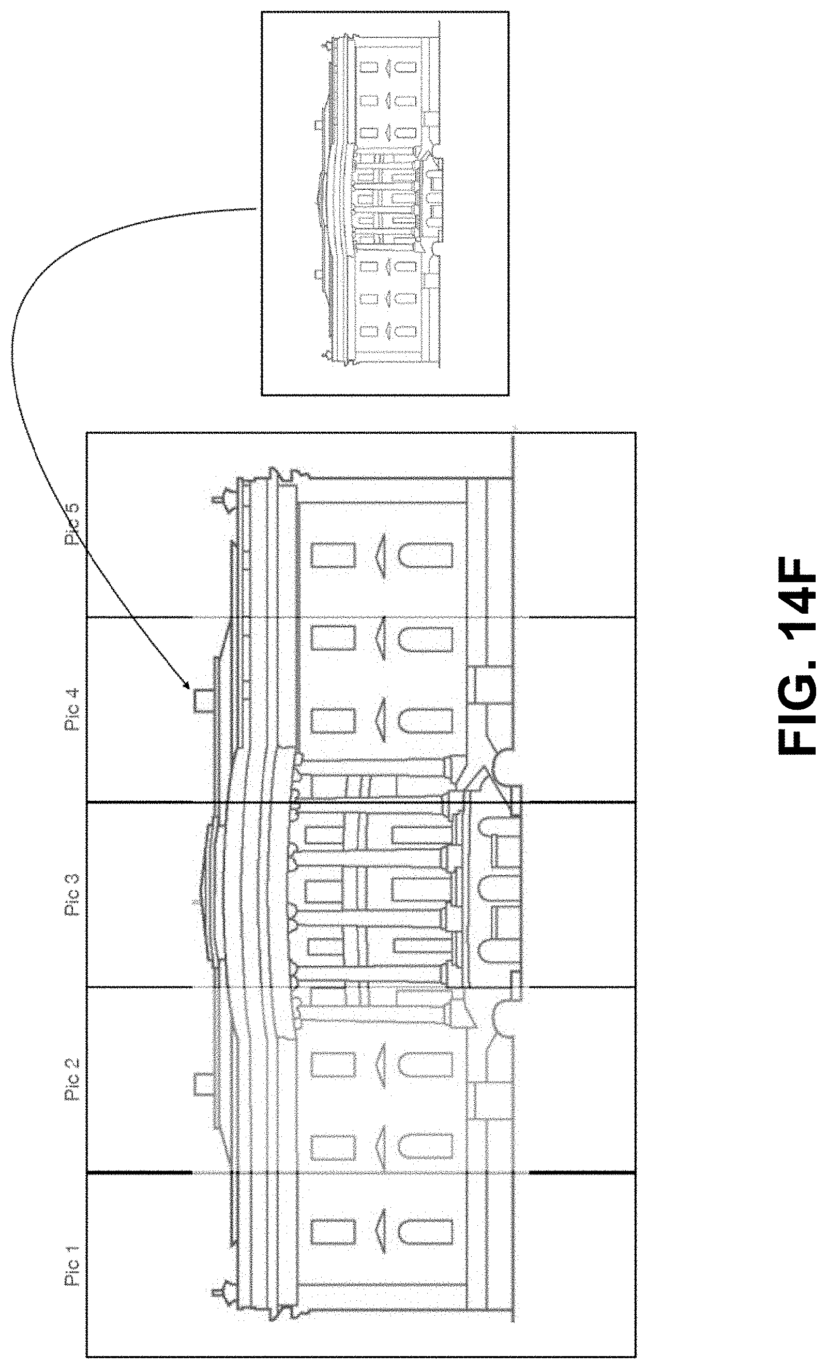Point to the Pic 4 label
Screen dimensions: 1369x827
[73, 709]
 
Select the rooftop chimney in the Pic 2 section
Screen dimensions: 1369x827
[203, 1085]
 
